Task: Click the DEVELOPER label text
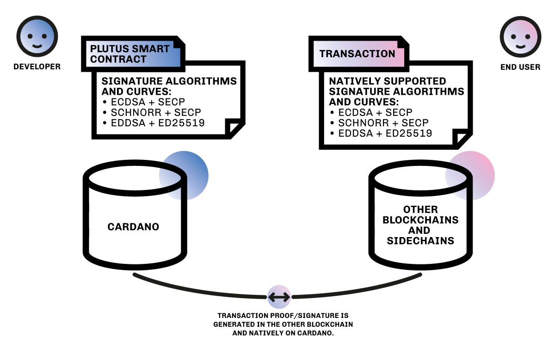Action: tap(37, 67)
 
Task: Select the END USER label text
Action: tap(520, 67)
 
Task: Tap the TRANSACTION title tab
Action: tap(357, 54)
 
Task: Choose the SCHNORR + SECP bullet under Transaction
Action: tap(380, 123)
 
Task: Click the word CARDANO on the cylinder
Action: tap(133, 227)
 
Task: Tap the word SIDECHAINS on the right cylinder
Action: tap(420, 241)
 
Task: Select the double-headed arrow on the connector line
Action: tap(279, 297)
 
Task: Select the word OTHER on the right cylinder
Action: tap(420, 209)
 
